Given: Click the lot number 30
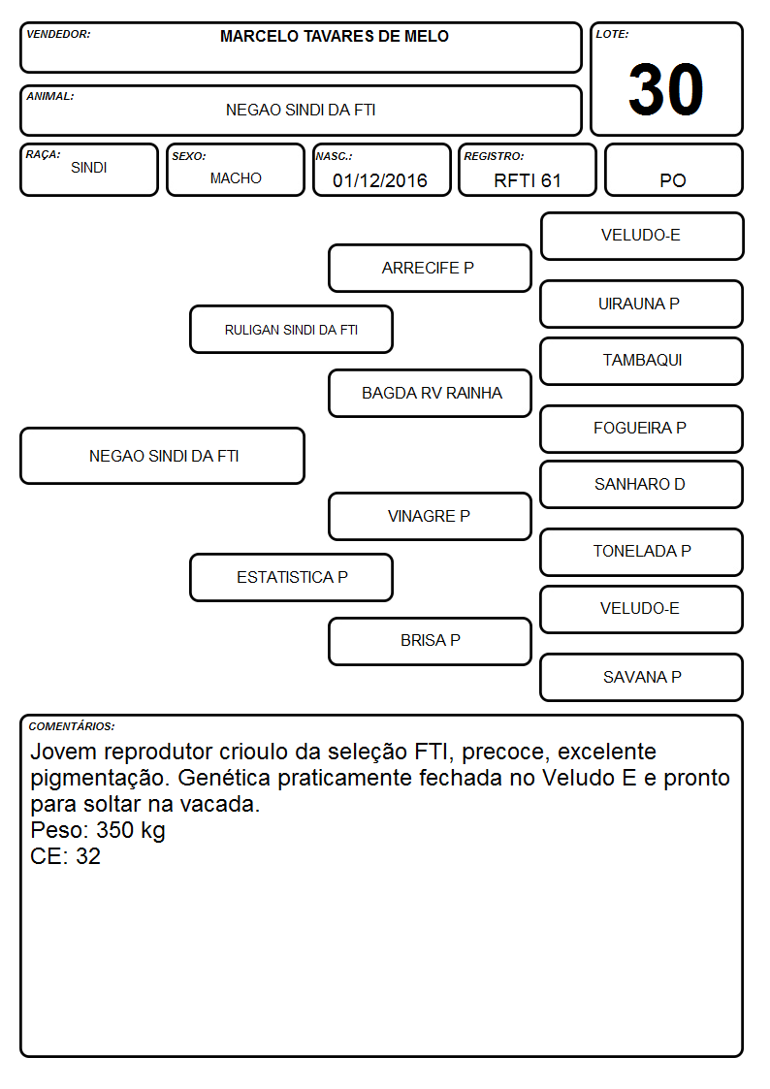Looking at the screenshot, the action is tap(665, 89).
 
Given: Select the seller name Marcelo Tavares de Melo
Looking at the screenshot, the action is tap(334, 36).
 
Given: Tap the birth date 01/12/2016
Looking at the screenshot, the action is tap(380, 180).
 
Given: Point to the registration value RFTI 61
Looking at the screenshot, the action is tap(527, 180).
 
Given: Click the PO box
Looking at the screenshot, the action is tap(673, 170).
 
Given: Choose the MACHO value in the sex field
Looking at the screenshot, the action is tap(236, 178).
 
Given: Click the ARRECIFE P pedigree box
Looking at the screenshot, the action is tap(430, 268).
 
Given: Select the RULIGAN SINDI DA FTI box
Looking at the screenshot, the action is tap(292, 330).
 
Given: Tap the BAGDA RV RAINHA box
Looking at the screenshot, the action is tap(430, 393).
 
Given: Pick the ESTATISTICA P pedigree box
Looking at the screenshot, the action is tap(292, 577).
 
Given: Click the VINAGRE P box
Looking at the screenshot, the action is tap(430, 516).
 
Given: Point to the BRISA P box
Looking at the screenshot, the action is tap(430, 641).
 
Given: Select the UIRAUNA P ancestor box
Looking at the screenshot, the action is tap(642, 304).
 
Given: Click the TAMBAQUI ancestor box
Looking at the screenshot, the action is tap(642, 361).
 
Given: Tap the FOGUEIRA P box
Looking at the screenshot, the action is tap(642, 429).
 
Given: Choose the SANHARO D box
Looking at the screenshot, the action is tap(642, 484).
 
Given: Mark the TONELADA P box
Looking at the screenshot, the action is tap(642, 552).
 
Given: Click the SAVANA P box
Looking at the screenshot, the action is tap(642, 677).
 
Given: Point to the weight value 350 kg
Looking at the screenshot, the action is tap(131, 831).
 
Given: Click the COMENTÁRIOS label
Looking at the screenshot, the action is tap(72, 726).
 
